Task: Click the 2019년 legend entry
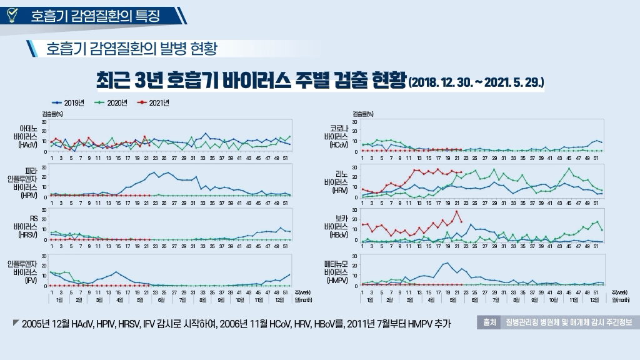pos(69,102)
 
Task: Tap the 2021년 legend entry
pos(154,102)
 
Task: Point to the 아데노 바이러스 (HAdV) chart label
pos(29,136)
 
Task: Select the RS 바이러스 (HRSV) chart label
pos(29,227)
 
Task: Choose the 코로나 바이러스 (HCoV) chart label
pos(336,136)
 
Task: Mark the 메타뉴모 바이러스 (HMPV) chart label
pos(336,272)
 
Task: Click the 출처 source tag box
pos(489,322)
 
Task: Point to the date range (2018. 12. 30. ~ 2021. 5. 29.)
pos(476,82)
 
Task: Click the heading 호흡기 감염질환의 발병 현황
pos(131,48)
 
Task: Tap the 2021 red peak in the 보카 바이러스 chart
pos(456,211)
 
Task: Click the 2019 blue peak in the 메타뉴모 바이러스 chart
pos(447,263)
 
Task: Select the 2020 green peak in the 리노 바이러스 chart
pos(569,168)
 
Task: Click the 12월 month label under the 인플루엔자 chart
pos(279,300)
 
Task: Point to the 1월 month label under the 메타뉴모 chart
pos(370,300)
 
